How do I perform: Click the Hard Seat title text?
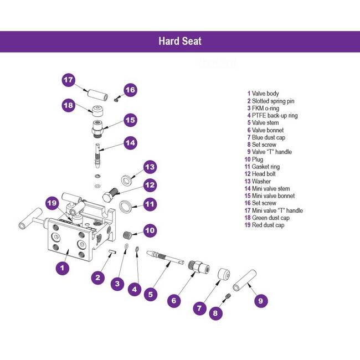tap(180, 41)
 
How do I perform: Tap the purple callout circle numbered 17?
tap(68, 80)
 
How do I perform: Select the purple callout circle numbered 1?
tap(63, 267)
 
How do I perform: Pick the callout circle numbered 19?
tap(52, 203)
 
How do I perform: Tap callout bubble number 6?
tap(173, 300)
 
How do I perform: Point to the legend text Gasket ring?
tap(266, 167)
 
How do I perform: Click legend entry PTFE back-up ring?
tap(275, 116)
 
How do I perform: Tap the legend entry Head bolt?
tap(266, 174)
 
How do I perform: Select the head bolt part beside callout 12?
tap(110, 196)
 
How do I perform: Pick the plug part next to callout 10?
tap(130, 234)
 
